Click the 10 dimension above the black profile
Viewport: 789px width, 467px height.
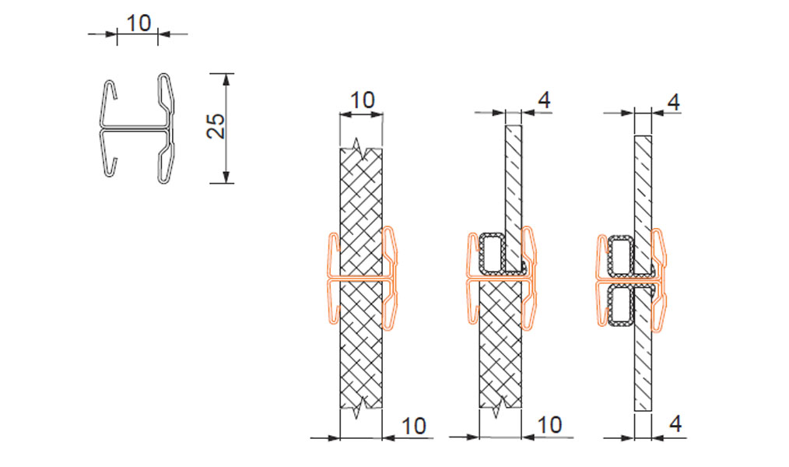(139, 23)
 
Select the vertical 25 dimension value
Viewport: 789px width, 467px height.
(216, 126)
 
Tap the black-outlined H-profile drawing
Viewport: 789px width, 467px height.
(138, 128)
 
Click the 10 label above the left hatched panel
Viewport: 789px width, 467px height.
(362, 100)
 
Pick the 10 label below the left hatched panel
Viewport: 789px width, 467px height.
(414, 426)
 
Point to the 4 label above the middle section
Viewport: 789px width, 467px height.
(544, 100)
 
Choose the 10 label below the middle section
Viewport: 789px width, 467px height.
(549, 425)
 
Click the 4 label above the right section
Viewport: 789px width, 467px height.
(673, 102)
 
